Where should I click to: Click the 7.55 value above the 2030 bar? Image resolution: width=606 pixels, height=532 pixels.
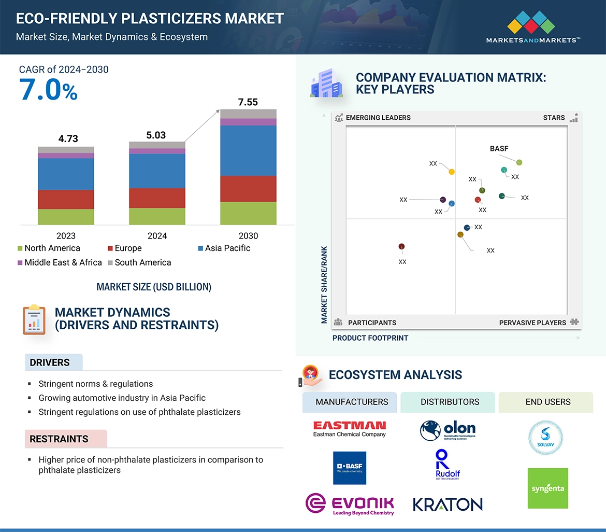point(248,102)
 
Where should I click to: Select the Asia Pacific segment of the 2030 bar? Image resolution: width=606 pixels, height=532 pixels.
point(248,150)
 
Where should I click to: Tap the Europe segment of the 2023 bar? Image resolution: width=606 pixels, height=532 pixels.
point(66,199)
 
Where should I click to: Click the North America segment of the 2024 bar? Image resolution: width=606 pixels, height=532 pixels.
point(157,216)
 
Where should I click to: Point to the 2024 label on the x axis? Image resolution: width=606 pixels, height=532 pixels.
point(157,236)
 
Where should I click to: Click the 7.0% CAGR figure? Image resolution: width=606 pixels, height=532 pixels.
point(48,89)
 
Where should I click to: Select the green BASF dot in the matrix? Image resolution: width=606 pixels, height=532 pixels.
point(519,163)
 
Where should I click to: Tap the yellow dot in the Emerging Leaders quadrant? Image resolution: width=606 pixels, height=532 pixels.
point(452,172)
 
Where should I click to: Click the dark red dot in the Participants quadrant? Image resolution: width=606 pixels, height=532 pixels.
point(401,247)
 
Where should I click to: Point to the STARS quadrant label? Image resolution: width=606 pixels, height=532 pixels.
point(554,118)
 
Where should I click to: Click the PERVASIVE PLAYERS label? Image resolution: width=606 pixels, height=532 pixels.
point(532,323)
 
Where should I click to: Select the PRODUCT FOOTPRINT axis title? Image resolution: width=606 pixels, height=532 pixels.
point(370,338)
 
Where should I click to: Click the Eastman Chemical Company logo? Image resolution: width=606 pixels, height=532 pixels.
point(350,429)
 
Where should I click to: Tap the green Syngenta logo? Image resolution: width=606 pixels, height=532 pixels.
point(547,488)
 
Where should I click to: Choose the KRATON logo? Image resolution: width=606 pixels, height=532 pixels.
point(448,504)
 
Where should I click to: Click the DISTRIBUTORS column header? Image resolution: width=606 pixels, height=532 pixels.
point(450,402)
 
